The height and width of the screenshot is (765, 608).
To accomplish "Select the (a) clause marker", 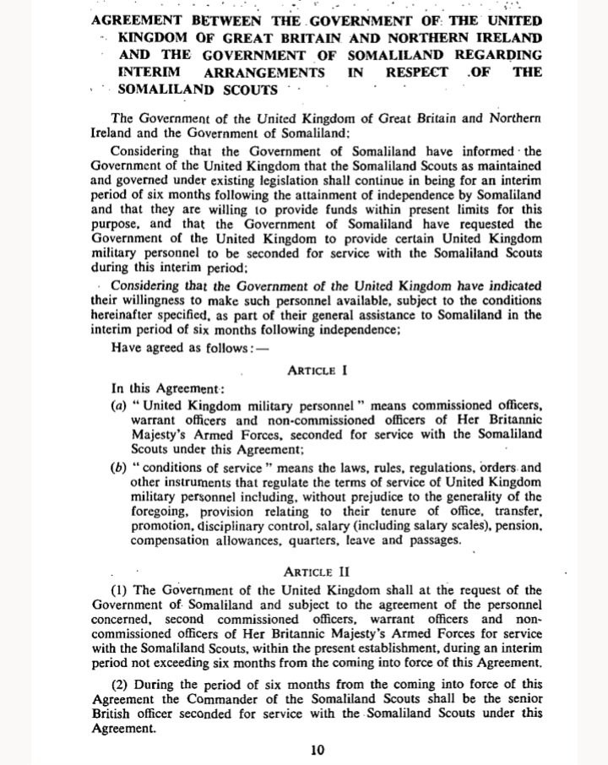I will [119, 406].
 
